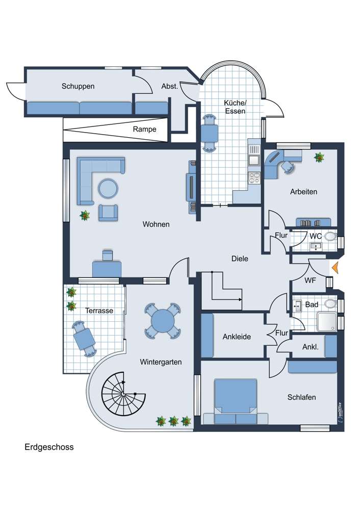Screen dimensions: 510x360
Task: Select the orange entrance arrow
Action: pyautogui.click(x=335, y=267)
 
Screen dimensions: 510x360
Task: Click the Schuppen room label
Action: pyautogui.click(x=78, y=86)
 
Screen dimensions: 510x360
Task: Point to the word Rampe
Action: pyautogui.click(x=144, y=129)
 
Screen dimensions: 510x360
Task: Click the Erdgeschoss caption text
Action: pyautogui.click(x=49, y=447)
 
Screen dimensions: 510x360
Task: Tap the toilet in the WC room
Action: pyautogui.click(x=330, y=237)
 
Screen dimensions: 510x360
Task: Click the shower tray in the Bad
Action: pyautogui.click(x=327, y=321)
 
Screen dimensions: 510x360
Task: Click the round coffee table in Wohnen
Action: pyautogui.click(x=109, y=188)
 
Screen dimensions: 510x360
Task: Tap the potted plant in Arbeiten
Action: pyautogui.click(x=320, y=158)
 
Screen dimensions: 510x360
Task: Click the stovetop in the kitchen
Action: pyautogui.click(x=253, y=177)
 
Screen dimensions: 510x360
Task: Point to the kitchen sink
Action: pyautogui.click(x=254, y=160)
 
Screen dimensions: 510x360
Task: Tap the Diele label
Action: pyautogui.click(x=239, y=259)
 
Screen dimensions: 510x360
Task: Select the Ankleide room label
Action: pyautogui.click(x=237, y=337)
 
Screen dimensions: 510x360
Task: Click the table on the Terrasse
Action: pyautogui.click(x=84, y=337)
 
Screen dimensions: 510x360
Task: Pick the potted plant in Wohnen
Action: pyautogui.click(x=85, y=216)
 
